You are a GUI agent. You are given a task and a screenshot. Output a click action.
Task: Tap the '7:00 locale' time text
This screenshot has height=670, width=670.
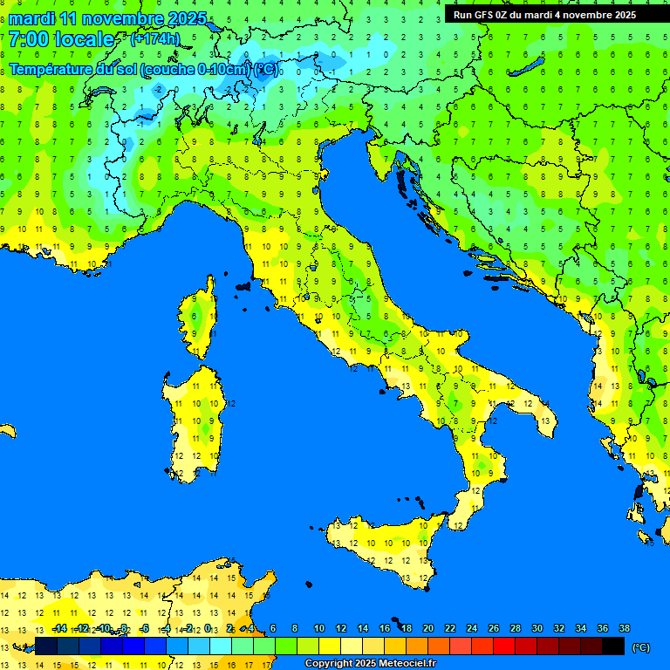61,39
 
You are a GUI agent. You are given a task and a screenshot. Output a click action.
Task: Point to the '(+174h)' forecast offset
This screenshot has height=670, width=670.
154,38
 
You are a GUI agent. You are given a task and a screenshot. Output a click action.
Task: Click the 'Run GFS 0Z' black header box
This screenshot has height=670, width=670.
544,15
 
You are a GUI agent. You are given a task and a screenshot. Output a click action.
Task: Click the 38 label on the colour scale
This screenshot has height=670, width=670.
624,628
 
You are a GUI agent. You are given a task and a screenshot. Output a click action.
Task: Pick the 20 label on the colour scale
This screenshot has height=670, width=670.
428,628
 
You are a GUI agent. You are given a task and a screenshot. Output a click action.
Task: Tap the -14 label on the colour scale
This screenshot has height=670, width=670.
59,628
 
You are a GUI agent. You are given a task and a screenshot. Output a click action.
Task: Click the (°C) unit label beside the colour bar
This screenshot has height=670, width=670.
640,646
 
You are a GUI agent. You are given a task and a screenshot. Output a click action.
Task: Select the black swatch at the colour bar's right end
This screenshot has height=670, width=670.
613,646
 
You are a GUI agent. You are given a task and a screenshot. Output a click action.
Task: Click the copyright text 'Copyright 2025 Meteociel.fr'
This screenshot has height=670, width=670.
370,664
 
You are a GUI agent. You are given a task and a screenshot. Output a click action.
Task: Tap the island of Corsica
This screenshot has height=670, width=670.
198,318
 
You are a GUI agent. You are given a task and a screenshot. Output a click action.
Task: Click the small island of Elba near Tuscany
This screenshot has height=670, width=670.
243,285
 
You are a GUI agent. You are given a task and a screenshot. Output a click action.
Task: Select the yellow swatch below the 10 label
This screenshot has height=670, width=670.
330,646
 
